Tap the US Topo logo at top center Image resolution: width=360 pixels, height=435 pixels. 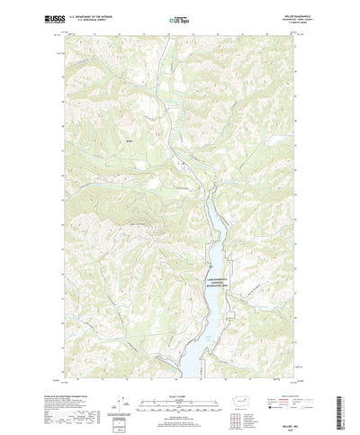(x=179, y=17)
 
